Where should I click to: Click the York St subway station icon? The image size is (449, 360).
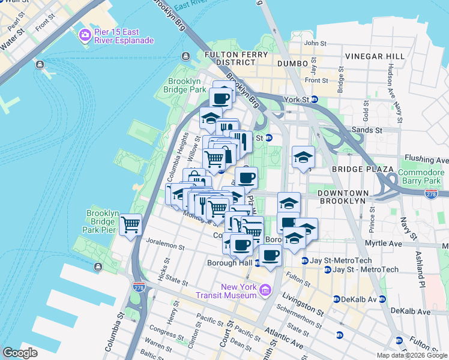coord(314,100)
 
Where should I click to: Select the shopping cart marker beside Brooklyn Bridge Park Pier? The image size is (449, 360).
coord(130,225)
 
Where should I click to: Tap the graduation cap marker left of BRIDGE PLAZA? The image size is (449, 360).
coord(303,158)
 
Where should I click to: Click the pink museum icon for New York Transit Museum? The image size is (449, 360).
coord(265,291)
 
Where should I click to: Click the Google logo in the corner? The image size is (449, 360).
coord(20,353)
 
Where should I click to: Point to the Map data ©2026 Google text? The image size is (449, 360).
coord(412,355)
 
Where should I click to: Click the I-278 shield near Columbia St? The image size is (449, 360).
coord(138,287)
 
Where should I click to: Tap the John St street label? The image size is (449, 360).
coord(315,43)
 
